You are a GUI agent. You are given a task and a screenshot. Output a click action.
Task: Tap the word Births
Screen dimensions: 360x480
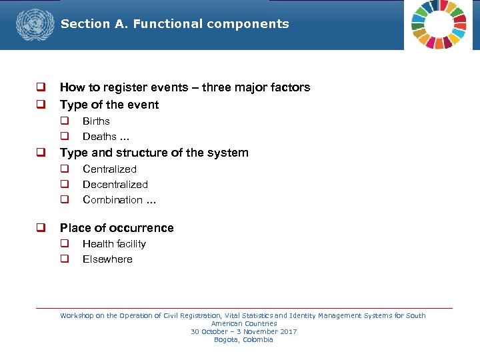(x=96, y=121)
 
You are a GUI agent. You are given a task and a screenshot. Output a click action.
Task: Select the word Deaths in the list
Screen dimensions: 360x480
(x=99, y=137)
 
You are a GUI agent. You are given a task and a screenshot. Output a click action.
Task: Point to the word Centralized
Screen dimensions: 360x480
(x=109, y=169)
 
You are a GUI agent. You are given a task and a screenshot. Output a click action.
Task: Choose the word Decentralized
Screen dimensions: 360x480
(x=115, y=185)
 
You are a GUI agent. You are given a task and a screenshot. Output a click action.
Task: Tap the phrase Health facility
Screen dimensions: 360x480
(x=114, y=244)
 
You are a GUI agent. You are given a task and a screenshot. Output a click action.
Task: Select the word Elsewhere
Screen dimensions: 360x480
(x=107, y=259)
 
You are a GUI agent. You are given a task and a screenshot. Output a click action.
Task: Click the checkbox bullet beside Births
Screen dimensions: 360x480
(x=65, y=121)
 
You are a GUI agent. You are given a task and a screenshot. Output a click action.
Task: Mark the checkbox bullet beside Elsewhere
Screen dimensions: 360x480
(x=65, y=259)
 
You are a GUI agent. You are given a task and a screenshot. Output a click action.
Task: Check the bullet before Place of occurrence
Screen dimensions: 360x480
(x=41, y=228)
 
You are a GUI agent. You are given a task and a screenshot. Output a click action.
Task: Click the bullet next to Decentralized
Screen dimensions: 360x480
(x=65, y=185)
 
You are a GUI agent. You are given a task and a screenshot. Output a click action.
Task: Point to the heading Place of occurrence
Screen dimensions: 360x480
(x=117, y=228)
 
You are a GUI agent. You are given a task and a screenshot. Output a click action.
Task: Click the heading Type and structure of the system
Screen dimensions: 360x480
(x=154, y=153)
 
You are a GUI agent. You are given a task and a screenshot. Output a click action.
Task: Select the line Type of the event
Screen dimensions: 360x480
(x=109, y=105)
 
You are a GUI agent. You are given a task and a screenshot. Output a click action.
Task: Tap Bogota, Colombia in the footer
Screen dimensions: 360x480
(x=243, y=340)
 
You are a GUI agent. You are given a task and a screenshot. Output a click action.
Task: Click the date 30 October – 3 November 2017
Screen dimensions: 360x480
(x=243, y=332)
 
